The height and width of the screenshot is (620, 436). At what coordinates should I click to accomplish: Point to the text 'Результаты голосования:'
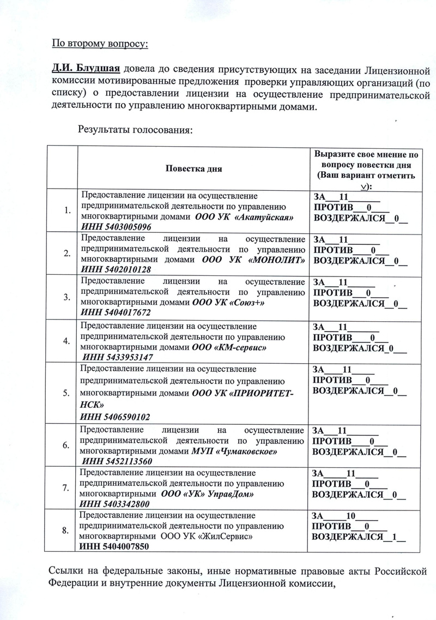point(136,130)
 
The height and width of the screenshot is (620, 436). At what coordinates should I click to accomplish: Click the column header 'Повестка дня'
point(194,168)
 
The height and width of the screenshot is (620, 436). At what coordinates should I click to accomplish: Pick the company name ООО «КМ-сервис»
point(232,347)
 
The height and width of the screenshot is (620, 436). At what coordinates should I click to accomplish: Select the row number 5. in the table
point(66,393)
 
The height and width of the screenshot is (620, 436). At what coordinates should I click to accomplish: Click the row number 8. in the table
point(66,530)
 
